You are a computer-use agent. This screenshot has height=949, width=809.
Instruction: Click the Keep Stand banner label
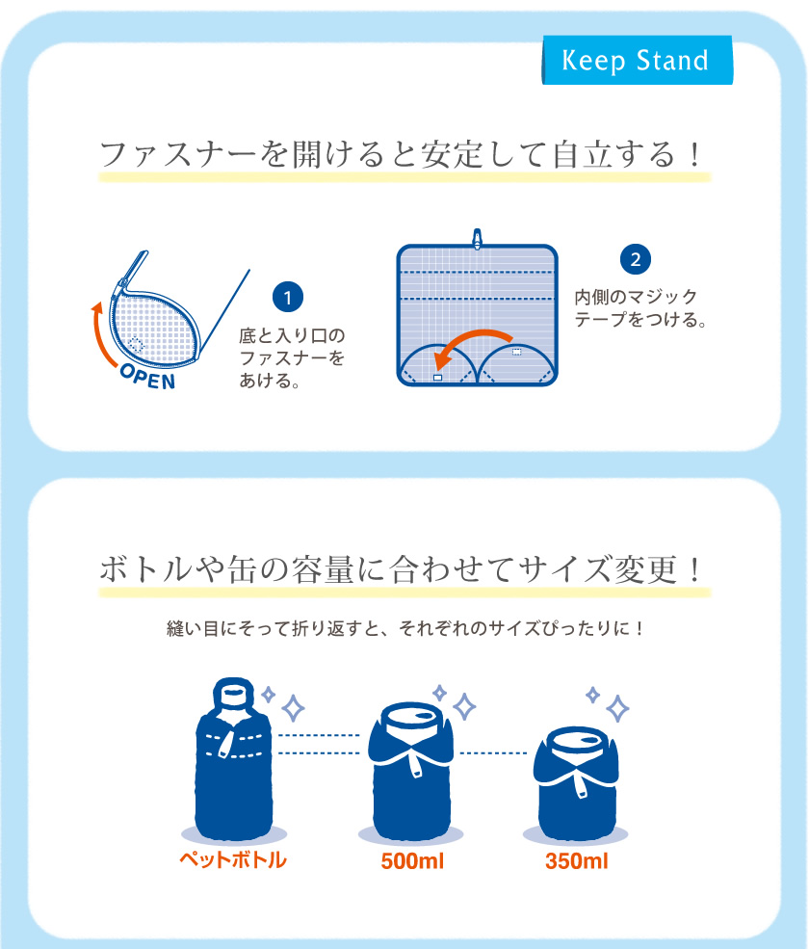[x=636, y=62]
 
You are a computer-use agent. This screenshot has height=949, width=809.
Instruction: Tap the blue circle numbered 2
[x=635, y=259]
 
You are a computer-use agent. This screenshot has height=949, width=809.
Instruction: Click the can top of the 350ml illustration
[x=576, y=742]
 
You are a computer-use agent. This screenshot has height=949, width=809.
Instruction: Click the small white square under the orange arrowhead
[x=438, y=379]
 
